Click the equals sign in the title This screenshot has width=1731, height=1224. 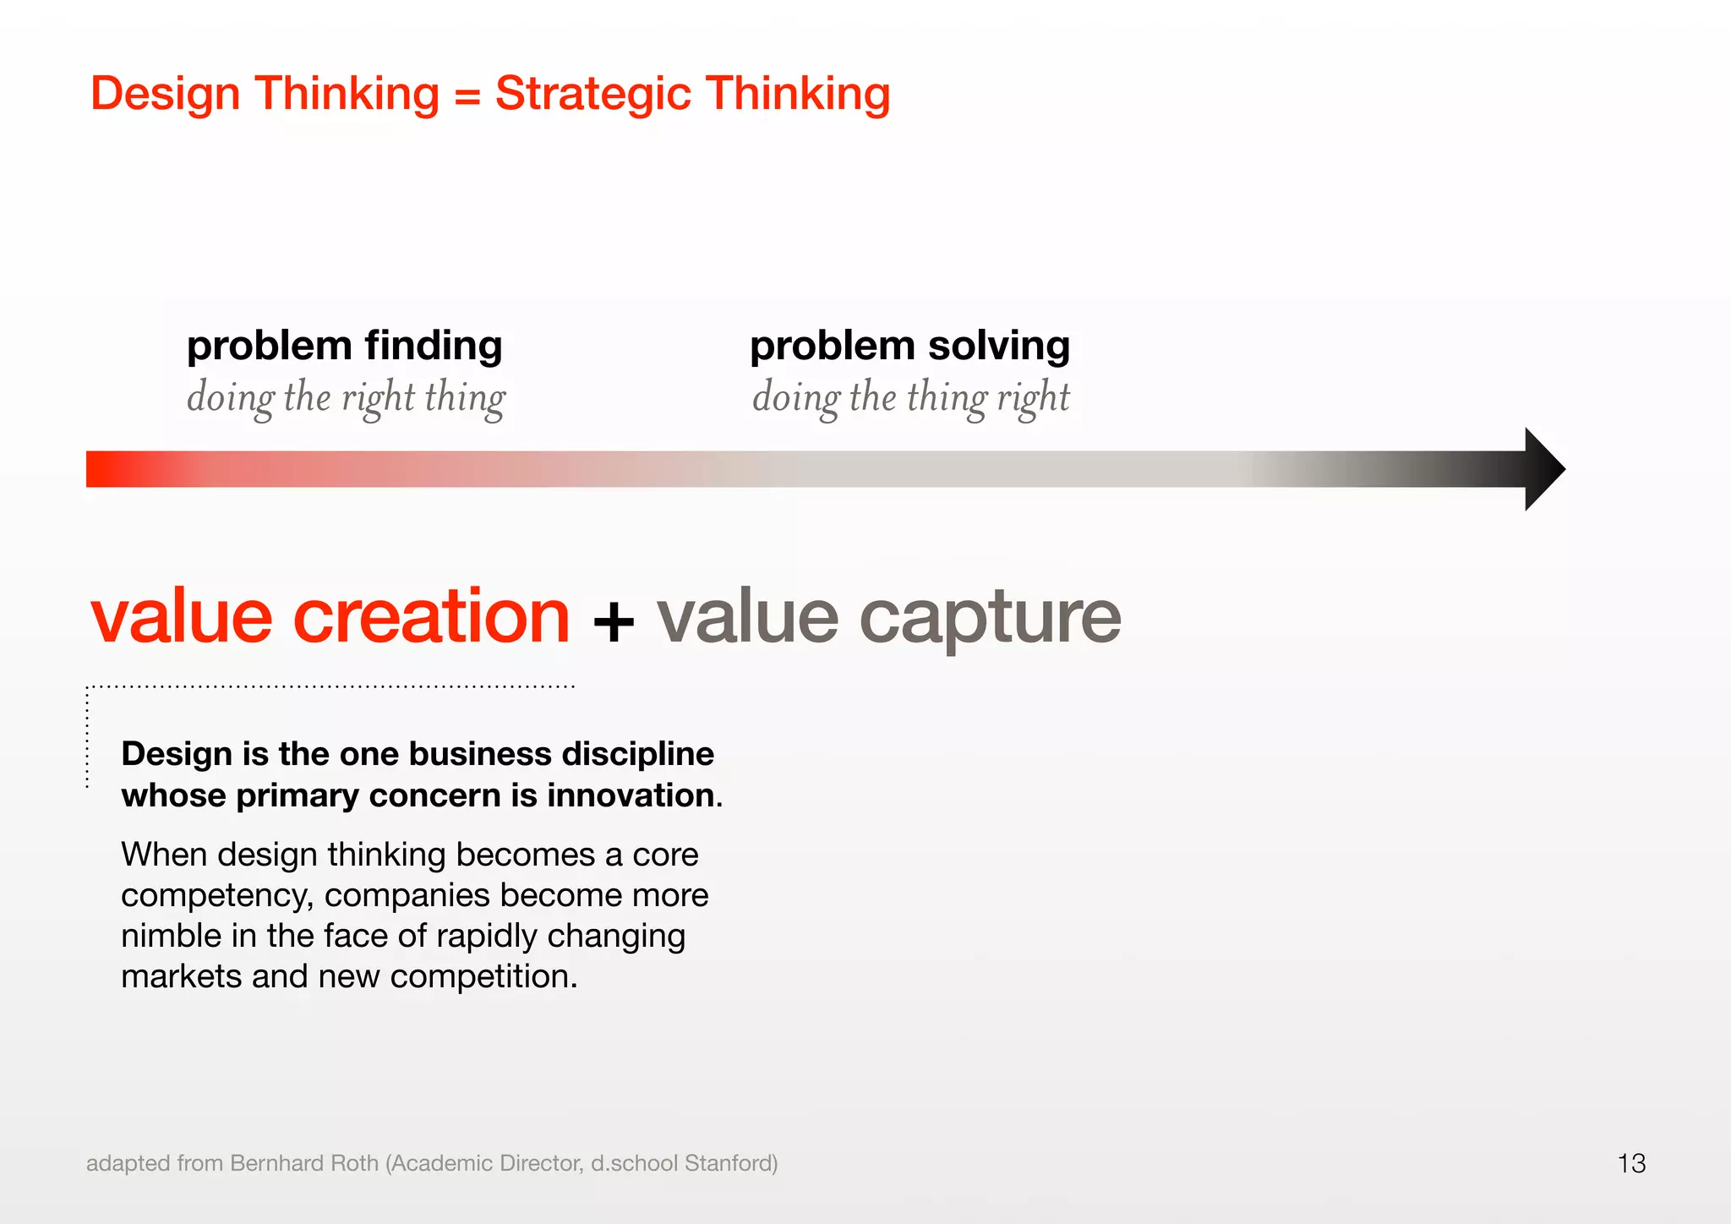pyautogui.click(x=467, y=95)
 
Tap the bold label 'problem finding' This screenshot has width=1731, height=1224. pyautogui.click(x=344, y=346)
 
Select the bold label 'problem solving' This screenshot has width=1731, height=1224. pyautogui.click(x=909, y=346)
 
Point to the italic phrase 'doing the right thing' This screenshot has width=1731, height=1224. pyautogui.click(x=346, y=397)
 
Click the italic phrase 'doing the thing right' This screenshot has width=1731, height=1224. pyautogui.click(x=910, y=397)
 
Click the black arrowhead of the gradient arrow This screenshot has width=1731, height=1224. pyautogui.click(x=1543, y=469)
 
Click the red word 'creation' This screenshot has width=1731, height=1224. pyautogui.click(x=431, y=616)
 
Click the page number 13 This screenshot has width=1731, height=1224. pyautogui.click(x=1631, y=1163)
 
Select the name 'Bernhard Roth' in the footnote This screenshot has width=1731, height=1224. pyautogui.click(x=303, y=1163)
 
